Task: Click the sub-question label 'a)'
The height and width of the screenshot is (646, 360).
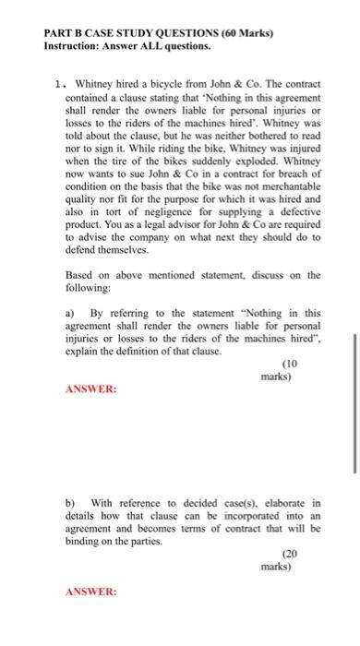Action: [70, 313]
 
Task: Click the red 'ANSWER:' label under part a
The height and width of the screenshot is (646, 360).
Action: [91, 389]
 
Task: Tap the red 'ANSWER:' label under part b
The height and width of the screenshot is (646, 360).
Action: [91, 591]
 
